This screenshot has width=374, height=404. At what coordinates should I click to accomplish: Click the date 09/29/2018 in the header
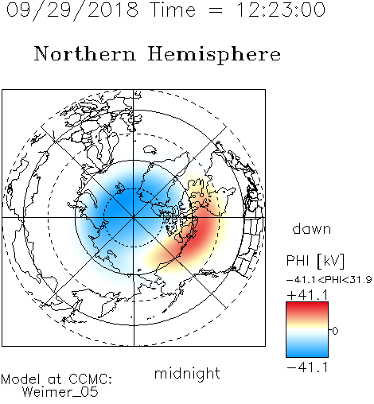tap(72, 10)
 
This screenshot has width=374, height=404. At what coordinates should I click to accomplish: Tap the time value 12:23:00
tap(281, 10)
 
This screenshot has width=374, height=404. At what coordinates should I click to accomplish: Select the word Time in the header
tap(173, 10)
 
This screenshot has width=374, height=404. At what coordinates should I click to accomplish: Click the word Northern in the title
tap(85, 53)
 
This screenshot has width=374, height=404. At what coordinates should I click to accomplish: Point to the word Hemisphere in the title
tap(214, 55)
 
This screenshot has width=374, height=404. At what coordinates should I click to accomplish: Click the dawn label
tap(311, 228)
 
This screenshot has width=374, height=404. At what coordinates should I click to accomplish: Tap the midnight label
tap(187, 374)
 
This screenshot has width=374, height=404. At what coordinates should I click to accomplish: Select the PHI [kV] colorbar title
tap(315, 261)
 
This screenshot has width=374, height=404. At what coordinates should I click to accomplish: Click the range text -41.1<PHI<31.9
tap(329, 280)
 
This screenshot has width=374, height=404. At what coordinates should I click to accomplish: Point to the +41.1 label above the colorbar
tap(307, 295)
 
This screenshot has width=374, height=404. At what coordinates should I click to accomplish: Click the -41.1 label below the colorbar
tap(307, 367)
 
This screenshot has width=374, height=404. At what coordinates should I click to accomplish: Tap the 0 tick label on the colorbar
tap(335, 331)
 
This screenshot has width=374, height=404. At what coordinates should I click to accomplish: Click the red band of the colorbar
tap(307, 309)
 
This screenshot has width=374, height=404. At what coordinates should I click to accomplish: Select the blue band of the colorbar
tap(307, 349)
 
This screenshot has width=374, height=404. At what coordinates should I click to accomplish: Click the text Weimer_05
tap(60, 392)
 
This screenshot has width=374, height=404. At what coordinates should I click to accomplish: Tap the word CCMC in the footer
tap(90, 379)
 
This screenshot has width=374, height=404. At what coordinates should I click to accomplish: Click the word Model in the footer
tap(21, 379)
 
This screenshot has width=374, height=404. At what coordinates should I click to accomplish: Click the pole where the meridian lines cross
tap(134, 218)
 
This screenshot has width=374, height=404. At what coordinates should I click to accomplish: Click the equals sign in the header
tap(216, 10)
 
